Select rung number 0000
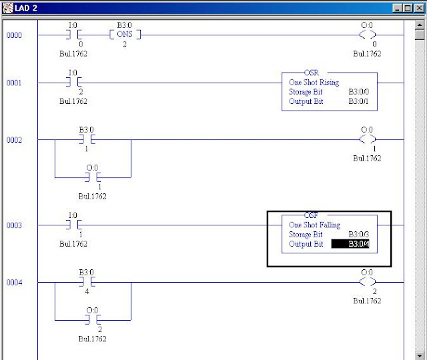point(14,35)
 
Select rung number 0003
point(14,225)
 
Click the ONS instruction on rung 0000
point(124,35)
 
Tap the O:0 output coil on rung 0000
point(368,35)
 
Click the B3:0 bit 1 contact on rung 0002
point(87,139)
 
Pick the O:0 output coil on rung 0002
point(368,139)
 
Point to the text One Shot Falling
point(313,225)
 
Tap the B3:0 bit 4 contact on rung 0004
point(87,282)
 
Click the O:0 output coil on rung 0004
point(368,282)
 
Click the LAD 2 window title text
point(27,7)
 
